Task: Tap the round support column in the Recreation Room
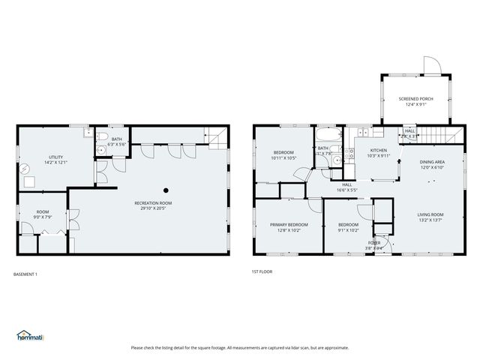tap(166, 190)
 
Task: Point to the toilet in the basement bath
tap(100, 150)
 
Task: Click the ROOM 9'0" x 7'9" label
tap(43, 214)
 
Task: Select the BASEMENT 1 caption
tap(25, 274)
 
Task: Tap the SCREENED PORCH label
tap(415, 101)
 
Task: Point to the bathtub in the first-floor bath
tap(328, 136)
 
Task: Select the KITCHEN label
tap(379, 152)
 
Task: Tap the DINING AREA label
tap(432, 164)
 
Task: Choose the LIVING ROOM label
tap(430, 217)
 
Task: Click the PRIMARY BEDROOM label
tap(289, 227)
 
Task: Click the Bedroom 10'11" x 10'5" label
tap(283, 155)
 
